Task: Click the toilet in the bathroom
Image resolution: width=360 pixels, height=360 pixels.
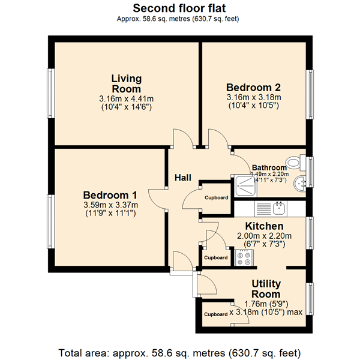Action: (296, 163)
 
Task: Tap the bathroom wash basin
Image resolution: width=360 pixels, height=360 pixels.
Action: (299, 183)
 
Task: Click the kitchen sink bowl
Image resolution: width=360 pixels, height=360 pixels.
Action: (279, 208)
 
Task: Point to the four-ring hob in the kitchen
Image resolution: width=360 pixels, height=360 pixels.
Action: (244, 258)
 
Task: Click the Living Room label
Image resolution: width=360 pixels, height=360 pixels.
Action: (127, 84)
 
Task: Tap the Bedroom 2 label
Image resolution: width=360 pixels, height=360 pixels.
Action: (253, 88)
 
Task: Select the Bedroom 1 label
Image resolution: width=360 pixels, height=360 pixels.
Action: (110, 195)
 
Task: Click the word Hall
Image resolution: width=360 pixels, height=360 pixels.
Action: (183, 178)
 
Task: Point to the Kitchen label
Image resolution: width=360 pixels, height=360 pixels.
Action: (264, 226)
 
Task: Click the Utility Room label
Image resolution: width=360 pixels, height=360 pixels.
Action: (266, 289)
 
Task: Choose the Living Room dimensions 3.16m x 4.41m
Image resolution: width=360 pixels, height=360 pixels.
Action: (126, 99)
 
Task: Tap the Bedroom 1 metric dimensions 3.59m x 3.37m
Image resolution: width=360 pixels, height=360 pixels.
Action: (110, 205)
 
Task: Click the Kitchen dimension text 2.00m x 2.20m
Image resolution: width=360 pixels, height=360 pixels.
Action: (264, 236)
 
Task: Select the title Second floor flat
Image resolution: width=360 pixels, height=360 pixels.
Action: (179, 8)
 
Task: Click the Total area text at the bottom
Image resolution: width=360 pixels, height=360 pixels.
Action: (179, 353)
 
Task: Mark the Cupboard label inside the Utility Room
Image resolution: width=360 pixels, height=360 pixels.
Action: (216, 314)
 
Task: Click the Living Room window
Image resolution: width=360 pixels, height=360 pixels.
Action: (51, 93)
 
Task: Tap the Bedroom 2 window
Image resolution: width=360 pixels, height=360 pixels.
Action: (310, 94)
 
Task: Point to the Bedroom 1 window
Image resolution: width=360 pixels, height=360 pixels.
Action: (51, 221)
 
